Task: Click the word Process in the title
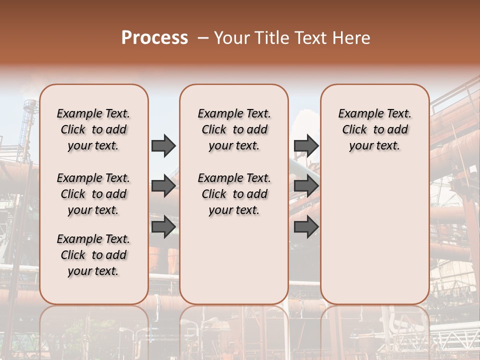click(x=154, y=38)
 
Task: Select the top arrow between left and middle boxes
click(x=163, y=146)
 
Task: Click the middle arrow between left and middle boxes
click(x=163, y=186)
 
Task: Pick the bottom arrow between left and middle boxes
click(x=163, y=226)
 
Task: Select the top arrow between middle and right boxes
click(x=306, y=146)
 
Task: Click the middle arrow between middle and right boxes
click(x=306, y=186)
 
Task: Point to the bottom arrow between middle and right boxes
click(x=306, y=226)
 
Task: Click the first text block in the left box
click(x=93, y=129)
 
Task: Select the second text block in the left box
click(x=93, y=194)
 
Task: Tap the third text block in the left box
click(x=93, y=255)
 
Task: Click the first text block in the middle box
click(x=234, y=129)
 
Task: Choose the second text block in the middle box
click(x=234, y=194)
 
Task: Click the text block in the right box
click(x=374, y=129)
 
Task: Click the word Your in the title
click(x=232, y=38)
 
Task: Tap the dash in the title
click(x=202, y=38)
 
